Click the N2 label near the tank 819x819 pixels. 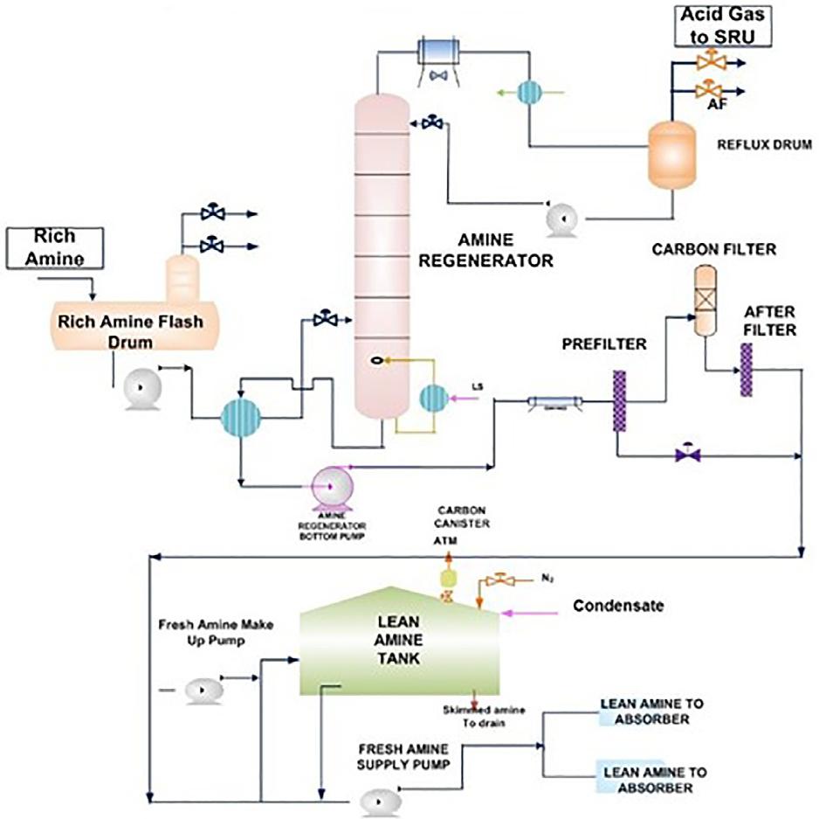pos(547,579)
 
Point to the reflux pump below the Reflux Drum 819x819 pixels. pos(558,219)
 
